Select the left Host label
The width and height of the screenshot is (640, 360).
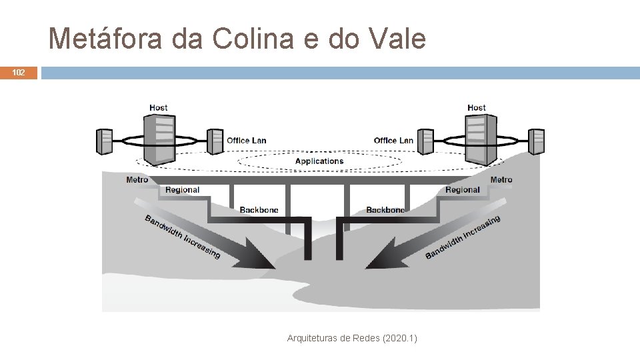[159, 107]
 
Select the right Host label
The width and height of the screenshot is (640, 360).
[477, 107]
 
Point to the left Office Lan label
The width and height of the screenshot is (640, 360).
[246, 140]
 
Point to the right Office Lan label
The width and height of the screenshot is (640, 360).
[393, 140]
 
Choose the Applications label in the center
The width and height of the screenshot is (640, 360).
[319, 161]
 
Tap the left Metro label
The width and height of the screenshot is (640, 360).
[137, 179]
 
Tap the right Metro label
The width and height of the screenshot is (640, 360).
[501, 179]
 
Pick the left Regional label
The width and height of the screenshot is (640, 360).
[182, 190]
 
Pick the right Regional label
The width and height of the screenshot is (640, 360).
[462, 190]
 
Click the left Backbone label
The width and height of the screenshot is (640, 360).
[259, 210]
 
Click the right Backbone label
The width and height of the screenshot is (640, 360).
[385, 210]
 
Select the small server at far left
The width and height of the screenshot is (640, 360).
[105, 141]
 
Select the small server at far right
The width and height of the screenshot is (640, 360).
[537, 141]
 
